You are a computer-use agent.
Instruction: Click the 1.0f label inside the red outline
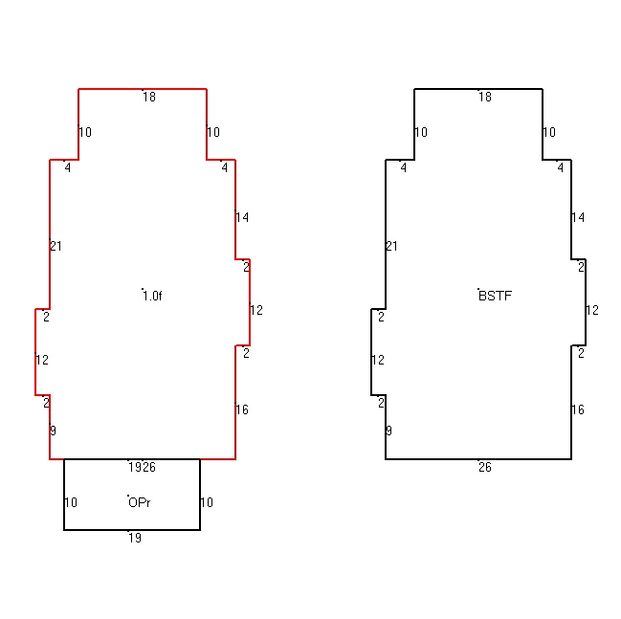click(152, 296)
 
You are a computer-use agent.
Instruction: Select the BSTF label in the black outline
click(495, 296)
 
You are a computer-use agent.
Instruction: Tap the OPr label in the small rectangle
click(140, 502)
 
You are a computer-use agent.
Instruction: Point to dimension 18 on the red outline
click(149, 97)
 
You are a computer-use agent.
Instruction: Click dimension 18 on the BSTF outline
click(485, 97)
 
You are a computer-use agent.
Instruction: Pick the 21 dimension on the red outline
click(55, 246)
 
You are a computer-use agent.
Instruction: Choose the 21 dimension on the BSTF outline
click(391, 246)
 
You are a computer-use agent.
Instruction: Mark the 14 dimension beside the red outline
click(242, 217)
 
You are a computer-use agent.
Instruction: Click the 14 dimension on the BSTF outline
click(578, 217)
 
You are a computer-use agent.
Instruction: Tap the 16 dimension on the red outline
click(242, 409)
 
